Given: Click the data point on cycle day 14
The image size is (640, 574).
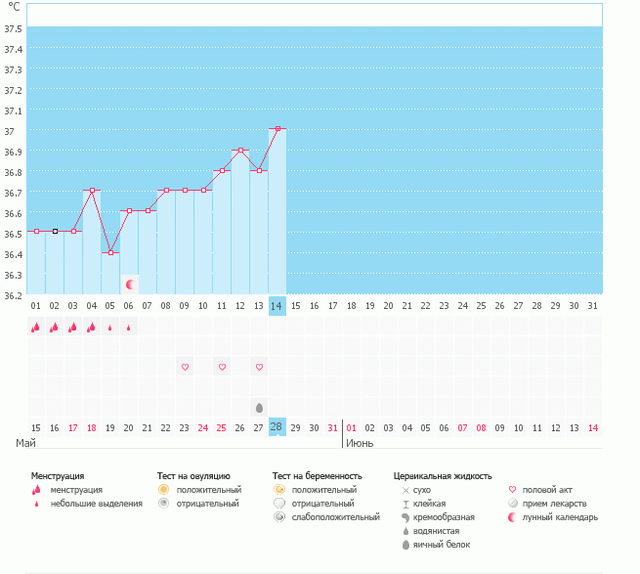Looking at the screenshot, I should tap(277, 129).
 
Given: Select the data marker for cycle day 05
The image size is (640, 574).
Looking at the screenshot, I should tap(110, 252).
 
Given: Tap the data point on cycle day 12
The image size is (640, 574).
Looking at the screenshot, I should tap(240, 151).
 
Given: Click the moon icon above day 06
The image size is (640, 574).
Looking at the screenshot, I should tap(129, 284).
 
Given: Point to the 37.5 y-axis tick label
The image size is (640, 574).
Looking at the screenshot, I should tap(14, 28).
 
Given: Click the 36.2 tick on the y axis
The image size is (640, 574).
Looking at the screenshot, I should tap(14, 294).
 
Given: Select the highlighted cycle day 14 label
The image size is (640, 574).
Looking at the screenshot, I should tap(277, 306).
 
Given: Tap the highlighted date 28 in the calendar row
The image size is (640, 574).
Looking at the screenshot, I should tap(277, 427).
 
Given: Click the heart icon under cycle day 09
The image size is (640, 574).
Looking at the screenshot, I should tap(185, 367).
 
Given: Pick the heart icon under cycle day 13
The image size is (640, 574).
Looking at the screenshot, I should tap(259, 367).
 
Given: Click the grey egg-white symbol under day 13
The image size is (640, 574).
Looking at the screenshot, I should tap(259, 407).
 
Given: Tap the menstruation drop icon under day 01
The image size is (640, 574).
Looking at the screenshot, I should tap(36, 328).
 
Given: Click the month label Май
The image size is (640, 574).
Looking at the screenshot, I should tap(26, 443).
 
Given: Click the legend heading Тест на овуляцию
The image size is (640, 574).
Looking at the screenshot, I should tap(193, 476).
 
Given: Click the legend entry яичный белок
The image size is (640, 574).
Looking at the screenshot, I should tap(443, 544).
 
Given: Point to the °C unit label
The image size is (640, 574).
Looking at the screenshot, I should tap(14, 7).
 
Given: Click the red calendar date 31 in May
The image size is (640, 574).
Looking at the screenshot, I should tap(333, 427).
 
